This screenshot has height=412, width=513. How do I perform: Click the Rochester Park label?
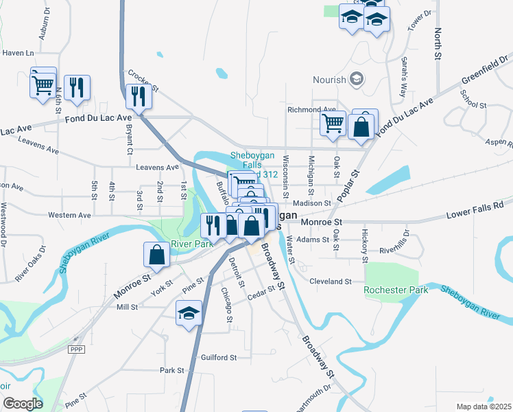[x=397, y=290]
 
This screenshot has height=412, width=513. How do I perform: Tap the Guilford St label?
[x=219, y=357]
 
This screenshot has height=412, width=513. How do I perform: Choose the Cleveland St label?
[x=330, y=282]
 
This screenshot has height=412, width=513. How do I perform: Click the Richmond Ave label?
[x=312, y=109]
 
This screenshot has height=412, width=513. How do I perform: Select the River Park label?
[x=193, y=244]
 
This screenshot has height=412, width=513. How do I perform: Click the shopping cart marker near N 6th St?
[x=43, y=85]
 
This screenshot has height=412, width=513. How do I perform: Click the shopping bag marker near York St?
[x=157, y=255]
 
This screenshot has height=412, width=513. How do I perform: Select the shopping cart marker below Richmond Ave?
[x=333, y=124]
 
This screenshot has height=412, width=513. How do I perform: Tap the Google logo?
[x=23, y=404]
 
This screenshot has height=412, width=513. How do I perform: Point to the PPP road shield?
[x=75, y=350]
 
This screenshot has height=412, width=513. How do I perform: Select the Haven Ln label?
[x=18, y=53]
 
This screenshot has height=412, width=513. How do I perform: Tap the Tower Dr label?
[x=420, y=21]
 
